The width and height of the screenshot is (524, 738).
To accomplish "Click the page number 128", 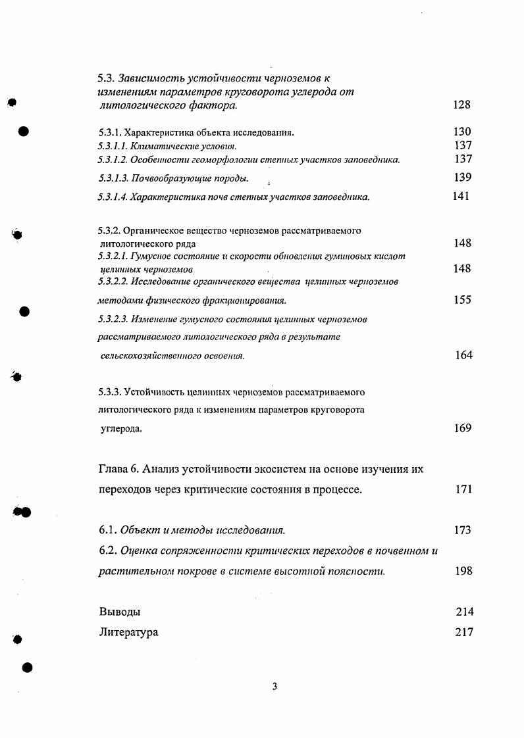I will click(463, 105).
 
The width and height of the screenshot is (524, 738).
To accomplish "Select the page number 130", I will click(463, 132).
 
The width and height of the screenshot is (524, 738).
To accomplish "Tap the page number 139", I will click(463, 178).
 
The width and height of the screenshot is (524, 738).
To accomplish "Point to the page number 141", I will click(461, 197).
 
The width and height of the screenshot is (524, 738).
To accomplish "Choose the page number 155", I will click(463, 300).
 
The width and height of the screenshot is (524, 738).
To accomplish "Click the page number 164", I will click(463, 355).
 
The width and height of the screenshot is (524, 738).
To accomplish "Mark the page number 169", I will click(463, 428).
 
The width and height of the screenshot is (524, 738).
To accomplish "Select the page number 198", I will click(463, 571).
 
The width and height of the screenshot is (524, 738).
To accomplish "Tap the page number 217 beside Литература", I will click(464, 633).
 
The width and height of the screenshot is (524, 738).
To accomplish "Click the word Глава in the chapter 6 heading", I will click(113, 469).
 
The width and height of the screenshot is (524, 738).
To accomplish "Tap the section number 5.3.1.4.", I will click(112, 197).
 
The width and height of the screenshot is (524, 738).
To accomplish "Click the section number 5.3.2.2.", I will click(112, 282).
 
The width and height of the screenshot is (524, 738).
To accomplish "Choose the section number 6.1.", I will click(107, 530).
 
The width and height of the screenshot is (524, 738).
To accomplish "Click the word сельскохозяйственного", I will click(149, 356).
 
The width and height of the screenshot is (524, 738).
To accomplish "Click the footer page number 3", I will click(275, 687).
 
